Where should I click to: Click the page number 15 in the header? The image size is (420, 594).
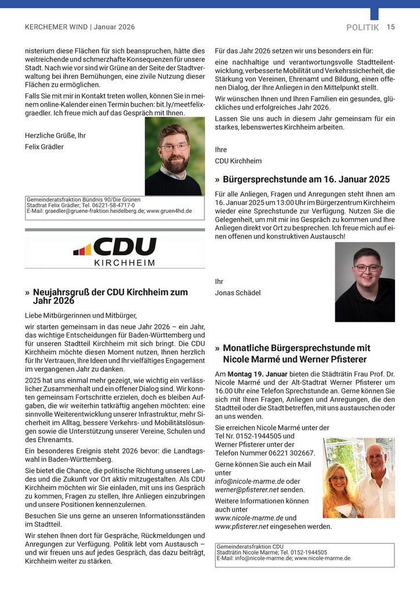point(390,27)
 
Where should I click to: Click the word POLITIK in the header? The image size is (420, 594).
point(362,27)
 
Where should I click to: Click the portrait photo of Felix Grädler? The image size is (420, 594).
point(175,156)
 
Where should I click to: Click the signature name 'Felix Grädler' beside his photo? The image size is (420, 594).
point(44,147)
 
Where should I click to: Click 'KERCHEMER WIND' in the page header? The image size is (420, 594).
point(56,27)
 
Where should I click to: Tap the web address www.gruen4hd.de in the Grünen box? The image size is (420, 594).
point(169,211)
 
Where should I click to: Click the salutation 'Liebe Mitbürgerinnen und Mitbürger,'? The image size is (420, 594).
point(81,316)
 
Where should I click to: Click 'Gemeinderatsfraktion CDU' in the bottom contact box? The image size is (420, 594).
point(250,546)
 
